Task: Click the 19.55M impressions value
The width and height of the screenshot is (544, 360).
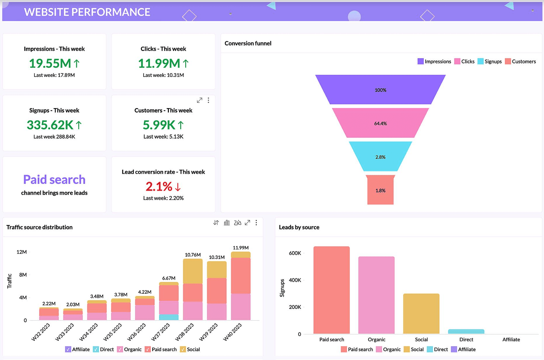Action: (x=50, y=64)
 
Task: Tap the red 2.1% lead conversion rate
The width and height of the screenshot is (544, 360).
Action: (x=159, y=187)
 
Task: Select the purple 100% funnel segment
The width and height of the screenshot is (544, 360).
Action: (x=380, y=90)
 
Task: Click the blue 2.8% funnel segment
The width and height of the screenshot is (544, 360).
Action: (x=380, y=157)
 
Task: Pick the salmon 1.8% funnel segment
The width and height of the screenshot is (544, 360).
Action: (x=380, y=190)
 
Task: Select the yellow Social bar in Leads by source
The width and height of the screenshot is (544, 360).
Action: (x=421, y=313)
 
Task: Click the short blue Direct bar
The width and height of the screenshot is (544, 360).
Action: (x=466, y=331)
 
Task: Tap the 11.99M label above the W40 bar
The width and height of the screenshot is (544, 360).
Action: (x=241, y=248)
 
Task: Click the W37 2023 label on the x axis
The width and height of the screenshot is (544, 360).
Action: (x=160, y=332)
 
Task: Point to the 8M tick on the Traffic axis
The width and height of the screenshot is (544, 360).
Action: (x=23, y=275)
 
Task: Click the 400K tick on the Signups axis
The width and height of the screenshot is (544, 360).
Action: (x=295, y=280)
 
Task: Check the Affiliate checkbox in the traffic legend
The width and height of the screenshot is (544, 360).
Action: (x=68, y=349)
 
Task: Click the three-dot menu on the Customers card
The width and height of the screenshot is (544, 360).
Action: (x=208, y=100)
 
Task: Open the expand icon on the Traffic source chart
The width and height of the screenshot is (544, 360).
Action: (x=248, y=223)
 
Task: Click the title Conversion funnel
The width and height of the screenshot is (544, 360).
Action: (x=248, y=44)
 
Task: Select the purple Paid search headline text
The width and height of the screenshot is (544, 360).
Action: (x=54, y=179)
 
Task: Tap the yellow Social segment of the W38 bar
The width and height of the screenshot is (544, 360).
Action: (x=193, y=271)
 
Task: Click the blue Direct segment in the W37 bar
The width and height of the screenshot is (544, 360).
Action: (x=169, y=317)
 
